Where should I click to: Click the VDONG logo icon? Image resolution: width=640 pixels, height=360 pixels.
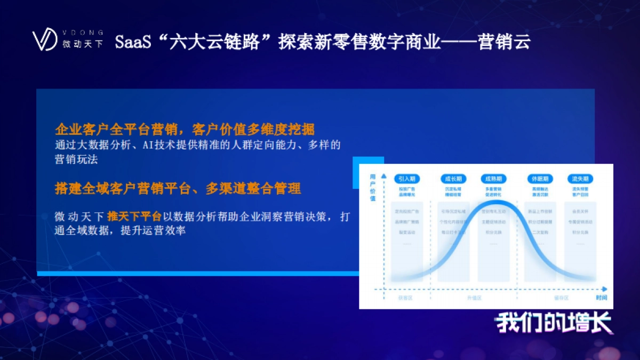click(44, 40)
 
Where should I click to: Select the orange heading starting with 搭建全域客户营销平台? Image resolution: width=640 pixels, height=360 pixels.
click(178, 188)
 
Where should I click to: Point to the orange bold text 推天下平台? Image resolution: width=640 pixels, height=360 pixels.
click(134, 217)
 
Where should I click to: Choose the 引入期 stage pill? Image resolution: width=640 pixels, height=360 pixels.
click(408, 179)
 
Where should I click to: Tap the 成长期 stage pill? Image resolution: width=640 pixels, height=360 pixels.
click(454, 179)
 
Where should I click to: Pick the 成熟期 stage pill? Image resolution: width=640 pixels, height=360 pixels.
click(492, 179)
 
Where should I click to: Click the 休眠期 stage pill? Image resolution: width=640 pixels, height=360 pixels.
click(539, 179)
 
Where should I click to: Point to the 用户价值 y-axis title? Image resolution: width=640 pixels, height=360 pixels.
click(373, 187)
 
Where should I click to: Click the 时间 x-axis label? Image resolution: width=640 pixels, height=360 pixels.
click(601, 297)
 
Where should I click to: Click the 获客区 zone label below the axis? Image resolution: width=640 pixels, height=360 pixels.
click(405, 298)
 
